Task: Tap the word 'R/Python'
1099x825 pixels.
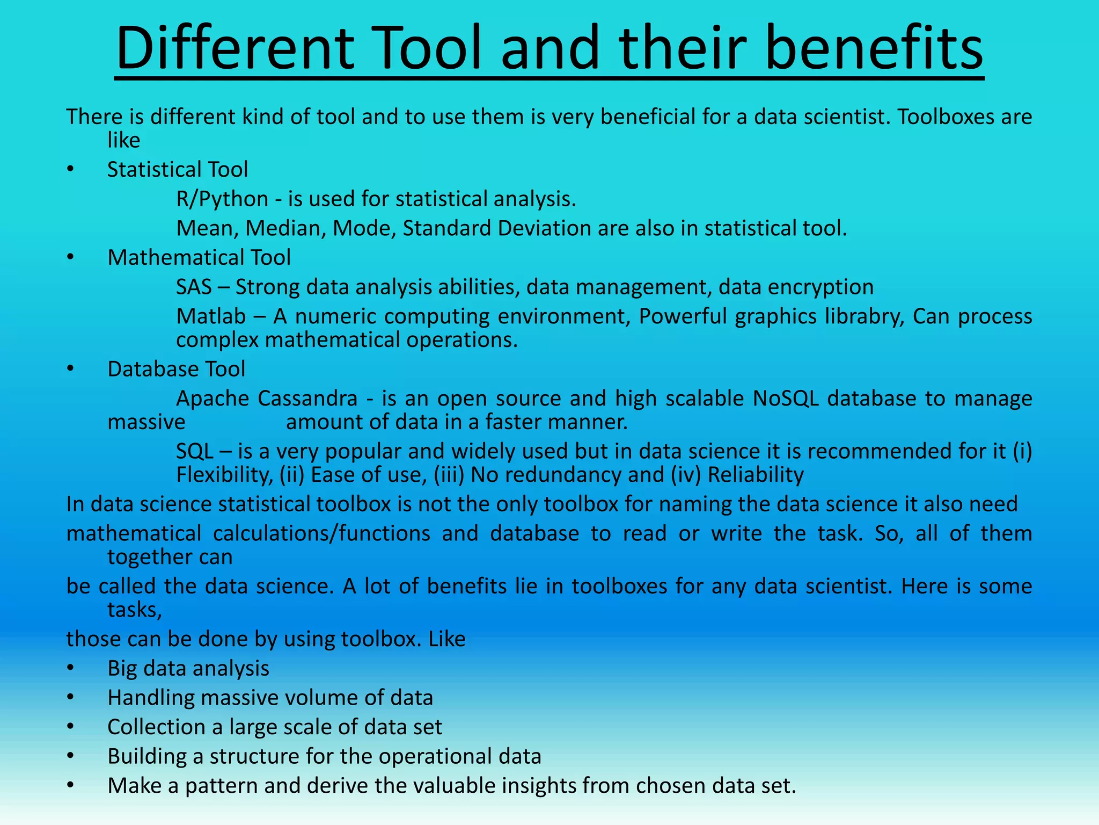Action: (222, 199)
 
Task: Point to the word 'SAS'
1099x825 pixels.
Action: (194, 287)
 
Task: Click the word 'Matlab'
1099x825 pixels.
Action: (211, 316)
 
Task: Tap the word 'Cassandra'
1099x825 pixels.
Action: (307, 399)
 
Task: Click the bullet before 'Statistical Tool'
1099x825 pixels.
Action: (70, 170)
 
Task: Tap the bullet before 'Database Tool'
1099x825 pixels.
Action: (70, 370)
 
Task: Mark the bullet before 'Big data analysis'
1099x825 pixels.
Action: (70, 669)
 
